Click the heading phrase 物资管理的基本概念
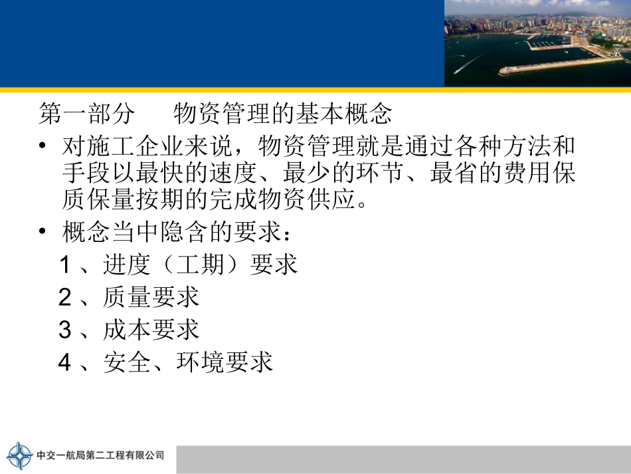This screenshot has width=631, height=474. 283,114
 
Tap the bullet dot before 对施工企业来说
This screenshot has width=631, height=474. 44,146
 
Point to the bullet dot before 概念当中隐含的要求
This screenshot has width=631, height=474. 44,233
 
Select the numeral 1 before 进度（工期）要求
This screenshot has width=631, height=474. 65,265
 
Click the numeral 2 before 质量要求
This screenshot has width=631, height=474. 65,297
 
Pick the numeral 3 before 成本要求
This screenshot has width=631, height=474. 65,330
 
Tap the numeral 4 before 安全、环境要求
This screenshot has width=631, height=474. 65,362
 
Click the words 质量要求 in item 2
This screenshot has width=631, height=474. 151,297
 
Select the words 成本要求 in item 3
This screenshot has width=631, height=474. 151,330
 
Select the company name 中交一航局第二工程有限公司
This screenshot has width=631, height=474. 100,456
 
